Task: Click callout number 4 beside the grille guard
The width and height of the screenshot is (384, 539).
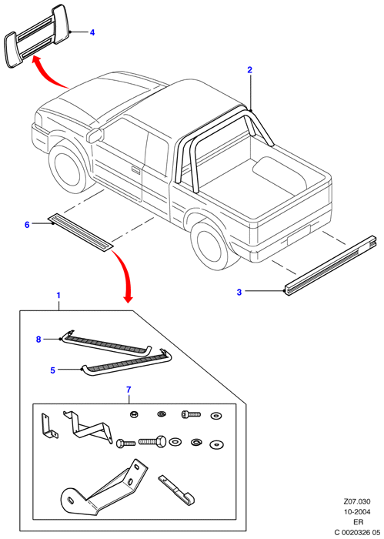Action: (92, 32)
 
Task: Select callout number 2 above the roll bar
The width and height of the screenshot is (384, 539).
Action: (249, 70)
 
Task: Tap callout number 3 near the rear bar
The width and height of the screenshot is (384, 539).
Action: (239, 292)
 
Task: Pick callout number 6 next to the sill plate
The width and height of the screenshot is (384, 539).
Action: (27, 225)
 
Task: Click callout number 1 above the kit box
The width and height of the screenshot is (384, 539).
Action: (58, 295)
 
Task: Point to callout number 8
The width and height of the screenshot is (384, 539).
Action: (38, 340)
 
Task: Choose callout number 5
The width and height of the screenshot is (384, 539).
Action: (52, 370)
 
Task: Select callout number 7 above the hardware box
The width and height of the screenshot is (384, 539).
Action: (129, 390)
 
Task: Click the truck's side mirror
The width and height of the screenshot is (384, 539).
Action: (95, 135)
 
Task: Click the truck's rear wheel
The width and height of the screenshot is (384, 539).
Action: (211, 244)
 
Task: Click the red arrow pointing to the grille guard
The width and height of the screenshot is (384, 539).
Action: (50, 74)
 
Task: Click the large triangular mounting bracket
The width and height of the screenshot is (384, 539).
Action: (104, 487)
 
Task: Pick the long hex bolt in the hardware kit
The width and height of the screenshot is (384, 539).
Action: (152, 440)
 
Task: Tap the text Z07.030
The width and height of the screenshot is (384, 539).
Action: (358, 502)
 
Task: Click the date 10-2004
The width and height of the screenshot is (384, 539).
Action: (358, 512)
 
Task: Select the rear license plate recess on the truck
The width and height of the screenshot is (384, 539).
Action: (299, 234)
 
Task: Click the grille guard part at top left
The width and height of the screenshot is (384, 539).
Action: (38, 35)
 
